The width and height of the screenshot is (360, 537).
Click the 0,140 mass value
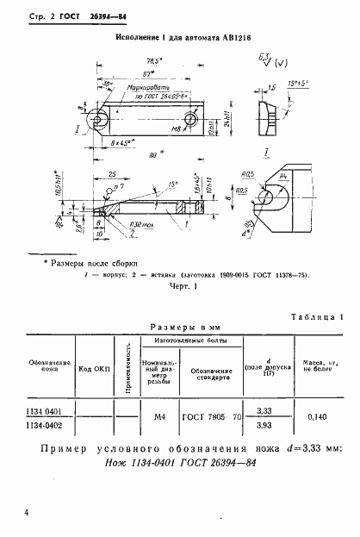pyautogui.click(x=315, y=418)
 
